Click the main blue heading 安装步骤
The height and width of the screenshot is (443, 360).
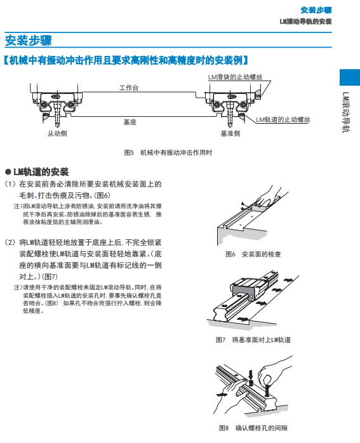(29, 40)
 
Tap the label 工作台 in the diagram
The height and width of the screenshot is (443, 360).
(129, 88)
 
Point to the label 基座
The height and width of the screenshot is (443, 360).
(130, 122)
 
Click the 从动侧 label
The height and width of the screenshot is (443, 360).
(57, 133)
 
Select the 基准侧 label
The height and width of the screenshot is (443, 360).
(230, 133)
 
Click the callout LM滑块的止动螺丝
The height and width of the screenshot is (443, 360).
(235, 77)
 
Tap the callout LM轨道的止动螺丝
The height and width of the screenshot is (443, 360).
(283, 119)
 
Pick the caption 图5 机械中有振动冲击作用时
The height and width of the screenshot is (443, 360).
(168, 152)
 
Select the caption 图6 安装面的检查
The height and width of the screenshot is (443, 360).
(253, 254)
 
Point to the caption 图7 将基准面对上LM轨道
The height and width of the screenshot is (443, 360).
(253, 340)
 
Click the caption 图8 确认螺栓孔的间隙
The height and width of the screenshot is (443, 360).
(253, 428)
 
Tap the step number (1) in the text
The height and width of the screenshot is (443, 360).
(10, 184)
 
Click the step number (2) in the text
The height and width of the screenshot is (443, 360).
(10, 242)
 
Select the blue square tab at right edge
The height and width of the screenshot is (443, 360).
(350, 77)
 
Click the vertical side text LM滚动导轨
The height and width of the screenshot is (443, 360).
(346, 112)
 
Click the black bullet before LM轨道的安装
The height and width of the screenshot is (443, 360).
(8, 172)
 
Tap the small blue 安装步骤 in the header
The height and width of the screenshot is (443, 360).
(316, 10)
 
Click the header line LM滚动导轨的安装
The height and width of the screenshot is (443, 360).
(306, 22)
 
